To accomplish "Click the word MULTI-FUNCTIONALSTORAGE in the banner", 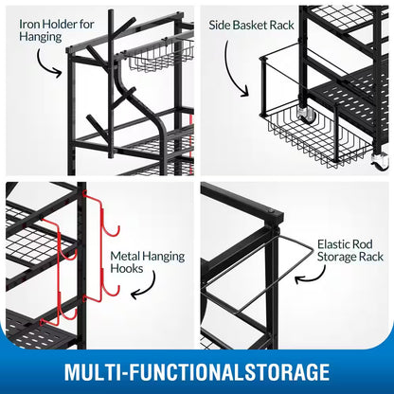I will pyautogui.click(x=197, y=369).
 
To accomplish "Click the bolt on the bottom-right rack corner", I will pyautogui.click(x=275, y=210).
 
